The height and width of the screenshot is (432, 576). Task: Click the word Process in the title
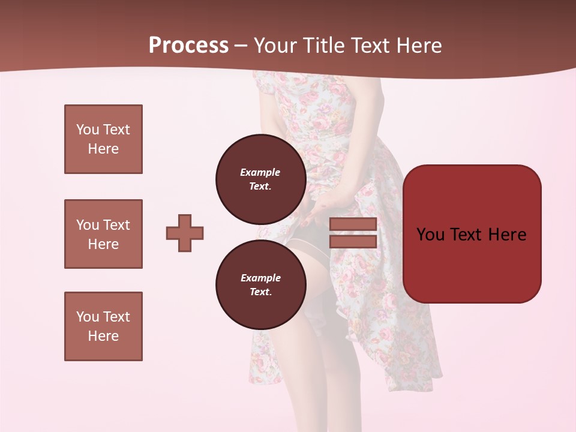pos(188,46)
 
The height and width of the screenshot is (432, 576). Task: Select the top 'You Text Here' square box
pos(103,139)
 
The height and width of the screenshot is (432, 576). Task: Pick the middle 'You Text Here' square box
pos(103,234)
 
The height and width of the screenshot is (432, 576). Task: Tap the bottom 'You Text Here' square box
pos(103,326)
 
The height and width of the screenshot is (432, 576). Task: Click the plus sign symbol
pos(185,233)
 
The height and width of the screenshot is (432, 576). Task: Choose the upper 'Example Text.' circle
pos(260,179)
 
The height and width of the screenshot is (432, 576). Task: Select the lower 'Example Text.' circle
pos(260,285)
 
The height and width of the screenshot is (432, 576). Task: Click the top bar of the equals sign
pos(353,224)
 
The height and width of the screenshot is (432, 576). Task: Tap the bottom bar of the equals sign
pos(353,241)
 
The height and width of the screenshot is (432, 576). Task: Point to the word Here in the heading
pos(418,46)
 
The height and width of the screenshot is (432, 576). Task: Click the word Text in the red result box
pos(470,235)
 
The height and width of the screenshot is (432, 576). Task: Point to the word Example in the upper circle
pos(260,172)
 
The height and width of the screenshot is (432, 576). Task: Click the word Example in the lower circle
pos(260,278)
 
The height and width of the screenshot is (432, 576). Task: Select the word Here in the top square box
pos(103,149)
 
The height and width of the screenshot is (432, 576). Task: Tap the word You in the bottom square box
pos(88,317)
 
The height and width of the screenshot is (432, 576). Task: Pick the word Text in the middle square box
pos(116,225)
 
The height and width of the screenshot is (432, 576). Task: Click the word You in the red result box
pos(431,235)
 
